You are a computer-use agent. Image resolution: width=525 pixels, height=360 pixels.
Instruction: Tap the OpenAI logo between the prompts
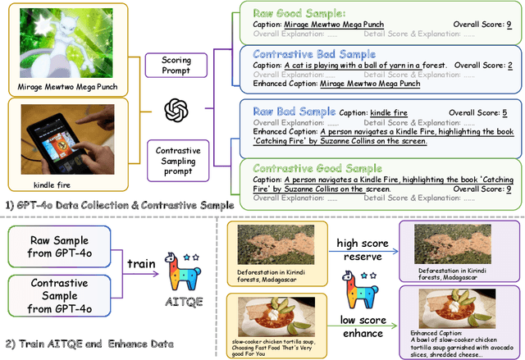coord(175,110)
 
